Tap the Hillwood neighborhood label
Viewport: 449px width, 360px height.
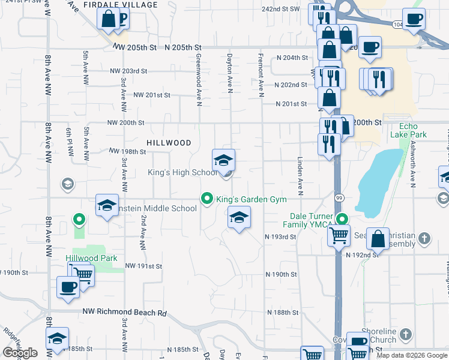(169, 143)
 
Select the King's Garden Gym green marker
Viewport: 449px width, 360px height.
(208, 199)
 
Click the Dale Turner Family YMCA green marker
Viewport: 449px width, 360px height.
(342, 219)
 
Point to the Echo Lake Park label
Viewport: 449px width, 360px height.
(413, 130)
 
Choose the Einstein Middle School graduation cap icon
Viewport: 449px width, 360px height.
(107, 206)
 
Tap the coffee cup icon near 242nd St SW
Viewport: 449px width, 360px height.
(413, 19)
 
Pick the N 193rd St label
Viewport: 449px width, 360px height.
(281, 237)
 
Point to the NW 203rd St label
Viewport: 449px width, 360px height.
(128, 71)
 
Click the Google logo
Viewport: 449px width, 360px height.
(20, 353)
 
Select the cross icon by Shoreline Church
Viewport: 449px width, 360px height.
(406, 334)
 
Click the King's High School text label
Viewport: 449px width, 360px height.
(182, 173)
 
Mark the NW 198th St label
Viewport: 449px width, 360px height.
(127, 152)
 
